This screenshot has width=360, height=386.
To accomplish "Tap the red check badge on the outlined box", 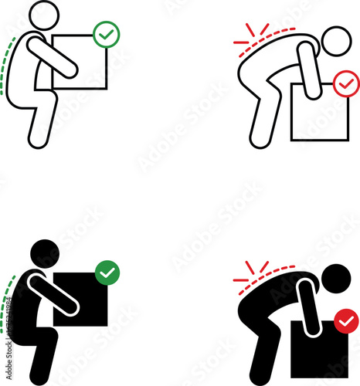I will point(345,82).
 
